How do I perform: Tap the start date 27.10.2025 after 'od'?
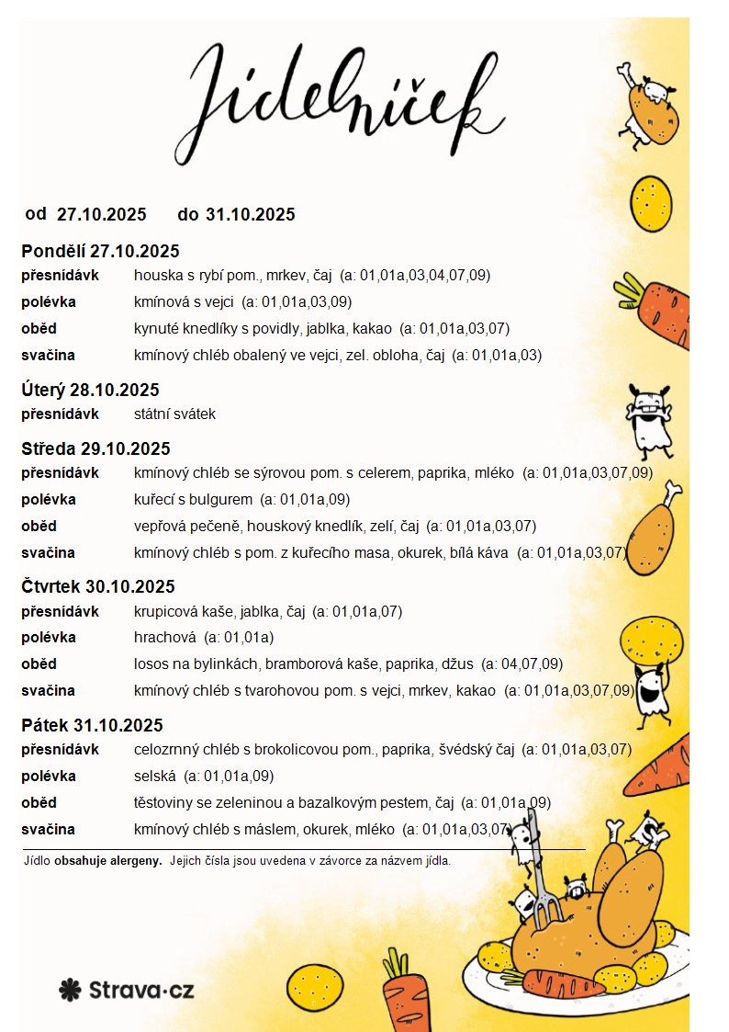tap(102, 215)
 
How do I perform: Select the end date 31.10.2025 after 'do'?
tap(251, 215)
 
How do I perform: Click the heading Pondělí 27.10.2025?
tap(100, 251)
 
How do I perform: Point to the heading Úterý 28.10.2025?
tap(90, 390)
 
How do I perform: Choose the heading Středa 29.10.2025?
tap(95, 449)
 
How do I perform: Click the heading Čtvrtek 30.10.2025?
tap(98, 587)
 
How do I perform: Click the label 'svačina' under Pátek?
tap(48, 830)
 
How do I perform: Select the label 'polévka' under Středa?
tap(49, 500)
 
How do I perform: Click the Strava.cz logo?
tap(127, 990)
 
